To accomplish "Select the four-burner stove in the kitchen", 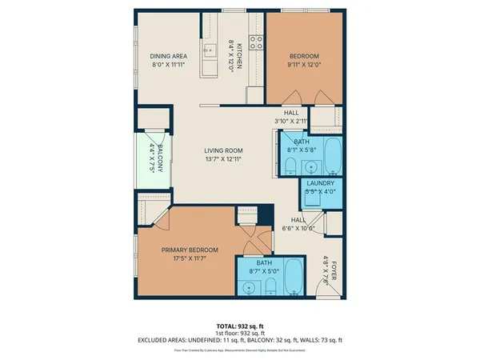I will coord(257,42).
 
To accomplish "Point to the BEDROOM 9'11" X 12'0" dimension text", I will coord(303,65).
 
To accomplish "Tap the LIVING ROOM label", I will coord(222,150).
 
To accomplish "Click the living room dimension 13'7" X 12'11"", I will coord(222,159).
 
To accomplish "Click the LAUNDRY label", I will coord(319,183).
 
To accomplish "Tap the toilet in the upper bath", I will coord(290,166).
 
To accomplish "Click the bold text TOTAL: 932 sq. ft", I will coord(239,326).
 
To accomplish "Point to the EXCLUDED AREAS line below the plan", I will coord(239,340).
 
